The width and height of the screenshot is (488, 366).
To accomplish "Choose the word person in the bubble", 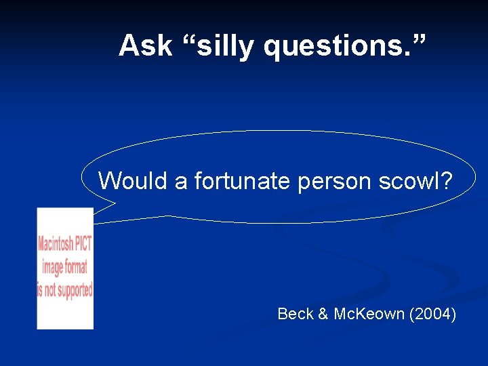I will click(326, 182).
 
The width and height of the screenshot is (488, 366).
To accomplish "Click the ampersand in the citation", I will click(323, 314).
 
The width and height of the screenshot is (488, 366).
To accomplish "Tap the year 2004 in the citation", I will click(433, 314).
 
